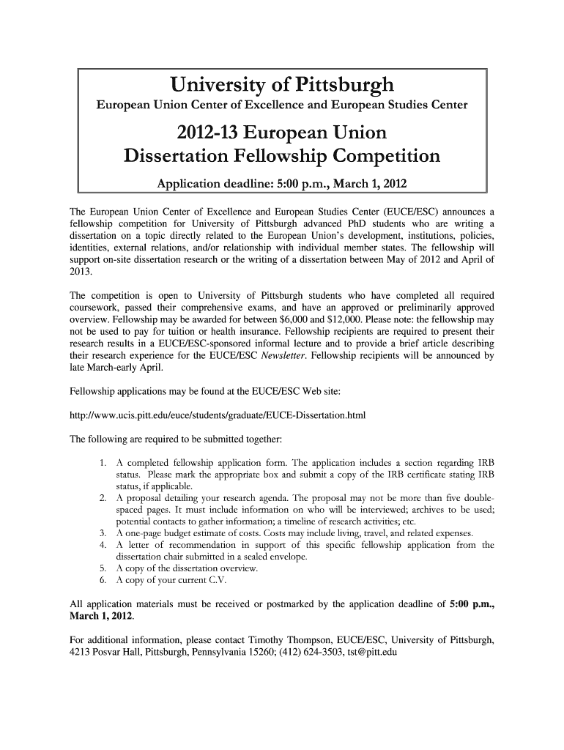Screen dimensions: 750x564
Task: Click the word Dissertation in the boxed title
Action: coord(188,156)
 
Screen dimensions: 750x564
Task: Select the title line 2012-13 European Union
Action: coord(282,134)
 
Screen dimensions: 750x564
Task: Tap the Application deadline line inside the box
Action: coord(282,182)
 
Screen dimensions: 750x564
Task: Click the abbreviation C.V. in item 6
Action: coord(217,581)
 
